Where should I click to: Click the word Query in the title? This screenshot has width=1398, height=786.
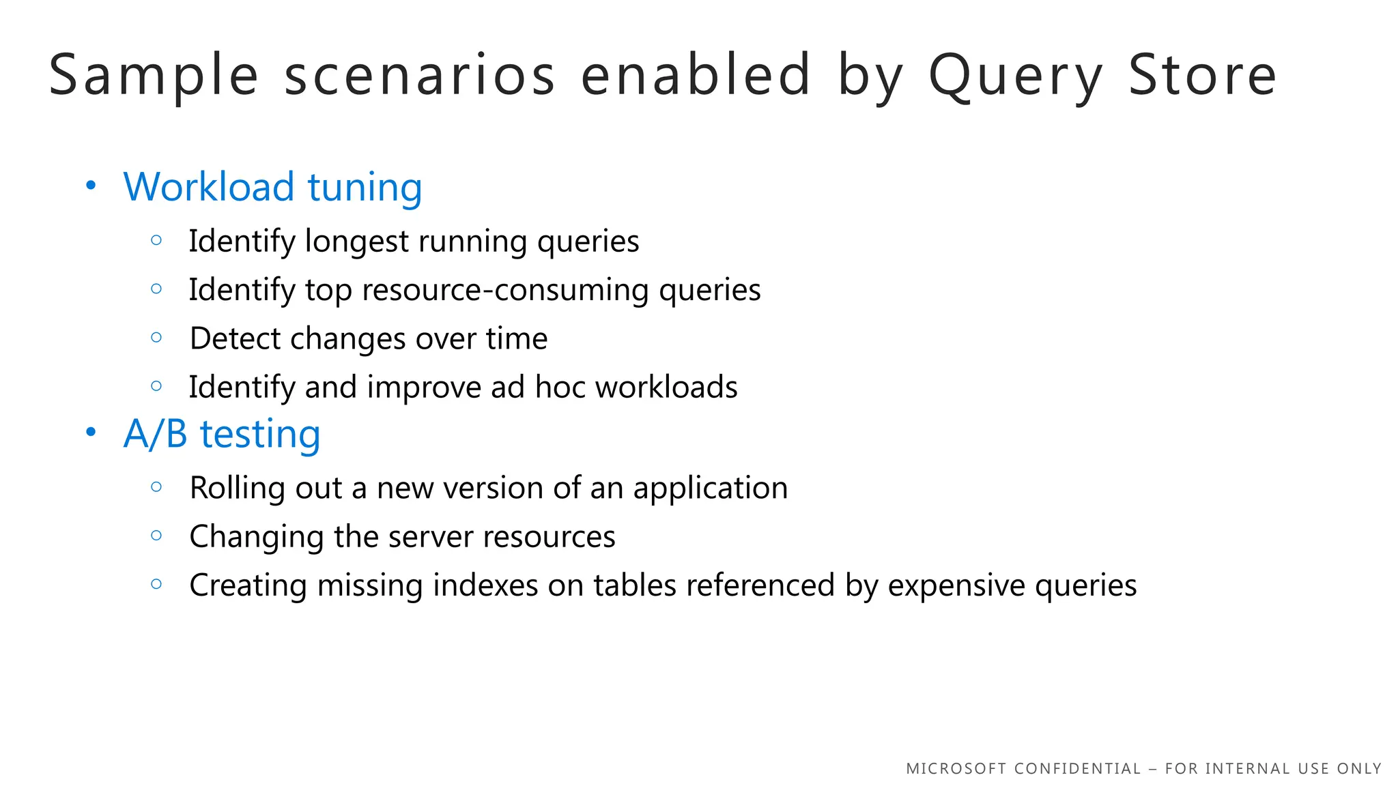point(1016,76)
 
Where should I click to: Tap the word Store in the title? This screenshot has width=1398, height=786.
point(1202,75)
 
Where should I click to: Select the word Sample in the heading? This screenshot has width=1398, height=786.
point(154,76)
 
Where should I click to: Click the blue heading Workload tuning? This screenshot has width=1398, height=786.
point(272,187)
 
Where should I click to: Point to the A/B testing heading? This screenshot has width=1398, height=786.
point(222,434)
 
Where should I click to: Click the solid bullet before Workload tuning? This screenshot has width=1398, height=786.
point(91,186)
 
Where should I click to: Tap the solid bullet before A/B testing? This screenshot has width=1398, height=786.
point(91,433)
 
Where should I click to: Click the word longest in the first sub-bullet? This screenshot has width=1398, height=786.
point(356,242)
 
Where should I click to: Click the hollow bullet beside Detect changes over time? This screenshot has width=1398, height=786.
point(156,337)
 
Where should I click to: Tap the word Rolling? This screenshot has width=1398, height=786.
point(237,488)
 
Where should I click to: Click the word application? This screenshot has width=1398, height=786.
point(710,489)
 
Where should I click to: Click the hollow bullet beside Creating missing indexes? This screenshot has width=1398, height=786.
point(156,584)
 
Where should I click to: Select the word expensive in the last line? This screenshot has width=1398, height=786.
point(956,586)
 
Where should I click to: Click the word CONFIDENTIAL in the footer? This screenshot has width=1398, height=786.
point(1077,769)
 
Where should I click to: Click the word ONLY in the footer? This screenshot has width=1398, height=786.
point(1359,769)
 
